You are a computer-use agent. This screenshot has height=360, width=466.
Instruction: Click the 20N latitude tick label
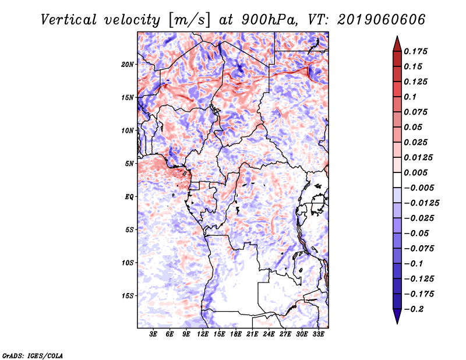[x=128, y=65]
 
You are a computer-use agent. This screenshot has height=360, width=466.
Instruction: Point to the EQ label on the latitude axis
[x=129, y=197]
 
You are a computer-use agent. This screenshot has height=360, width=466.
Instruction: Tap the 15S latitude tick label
[x=128, y=296]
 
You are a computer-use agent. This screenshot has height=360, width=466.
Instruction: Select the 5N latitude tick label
[x=129, y=164]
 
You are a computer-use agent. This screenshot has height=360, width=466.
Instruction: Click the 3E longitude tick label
[x=153, y=334]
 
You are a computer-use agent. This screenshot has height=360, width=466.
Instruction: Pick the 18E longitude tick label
[x=236, y=334]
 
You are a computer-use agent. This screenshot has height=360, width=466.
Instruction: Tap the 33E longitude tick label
[x=318, y=334]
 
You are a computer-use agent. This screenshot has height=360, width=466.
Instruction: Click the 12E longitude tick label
[x=203, y=334]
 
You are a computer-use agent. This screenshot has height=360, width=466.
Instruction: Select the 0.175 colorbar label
[x=416, y=51]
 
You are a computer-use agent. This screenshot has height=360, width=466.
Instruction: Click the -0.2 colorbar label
[x=414, y=309]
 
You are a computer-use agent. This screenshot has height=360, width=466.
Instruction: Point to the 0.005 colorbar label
[x=416, y=172]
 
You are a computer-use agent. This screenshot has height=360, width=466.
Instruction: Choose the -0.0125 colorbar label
[x=422, y=203]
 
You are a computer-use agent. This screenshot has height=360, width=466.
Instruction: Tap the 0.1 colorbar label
[x=410, y=97]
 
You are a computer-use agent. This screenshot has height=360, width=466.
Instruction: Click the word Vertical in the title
[x=69, y=20]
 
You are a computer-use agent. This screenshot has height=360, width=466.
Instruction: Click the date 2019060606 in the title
[x=382, y=20]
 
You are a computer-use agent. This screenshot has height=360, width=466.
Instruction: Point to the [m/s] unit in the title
[x=189, y=20]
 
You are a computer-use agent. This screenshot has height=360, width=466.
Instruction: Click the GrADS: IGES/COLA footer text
[x=33, y=356]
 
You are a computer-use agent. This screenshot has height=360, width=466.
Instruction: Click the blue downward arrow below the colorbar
[x=397, y=316]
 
